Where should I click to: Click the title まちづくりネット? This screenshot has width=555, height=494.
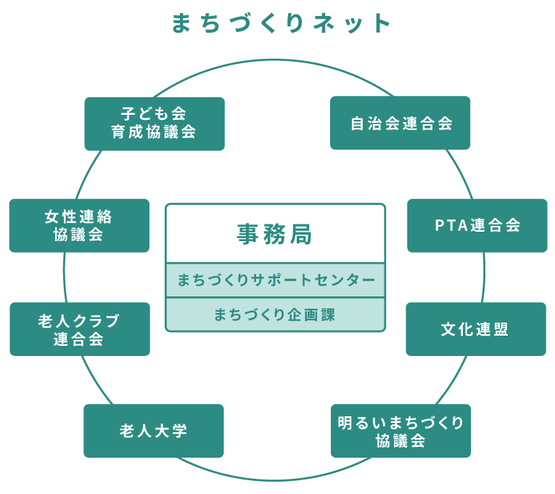point(281,23)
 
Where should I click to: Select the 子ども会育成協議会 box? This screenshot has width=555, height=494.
point(155,123)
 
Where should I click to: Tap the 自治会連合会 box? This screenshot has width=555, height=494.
point(400,123)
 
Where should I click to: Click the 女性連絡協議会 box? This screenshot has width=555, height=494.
point(79,226)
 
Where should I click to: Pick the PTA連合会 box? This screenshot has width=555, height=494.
point(477,226)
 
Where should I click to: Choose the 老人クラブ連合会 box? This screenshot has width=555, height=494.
point(80,329)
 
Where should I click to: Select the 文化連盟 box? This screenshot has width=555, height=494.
point(476,329)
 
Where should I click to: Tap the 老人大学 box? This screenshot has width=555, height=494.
point(154,431)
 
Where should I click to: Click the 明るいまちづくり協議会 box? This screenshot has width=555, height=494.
point(400,431)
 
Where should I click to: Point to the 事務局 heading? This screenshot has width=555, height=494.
point(275,234)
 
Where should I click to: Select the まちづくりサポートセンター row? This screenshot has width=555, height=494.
point(276,280)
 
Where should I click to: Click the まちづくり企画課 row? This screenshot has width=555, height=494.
point(276,315)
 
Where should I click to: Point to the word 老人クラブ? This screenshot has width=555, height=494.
point(78,320)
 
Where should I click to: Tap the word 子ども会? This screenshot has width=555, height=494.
point(154,114)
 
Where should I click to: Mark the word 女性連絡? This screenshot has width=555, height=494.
point(78,217)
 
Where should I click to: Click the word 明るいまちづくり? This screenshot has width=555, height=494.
point(400,423)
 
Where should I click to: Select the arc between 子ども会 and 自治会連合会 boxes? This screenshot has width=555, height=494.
point(274,60)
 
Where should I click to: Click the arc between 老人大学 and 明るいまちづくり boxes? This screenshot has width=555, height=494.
point(274,480)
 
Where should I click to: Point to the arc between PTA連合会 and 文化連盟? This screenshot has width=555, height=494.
point(484,278)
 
